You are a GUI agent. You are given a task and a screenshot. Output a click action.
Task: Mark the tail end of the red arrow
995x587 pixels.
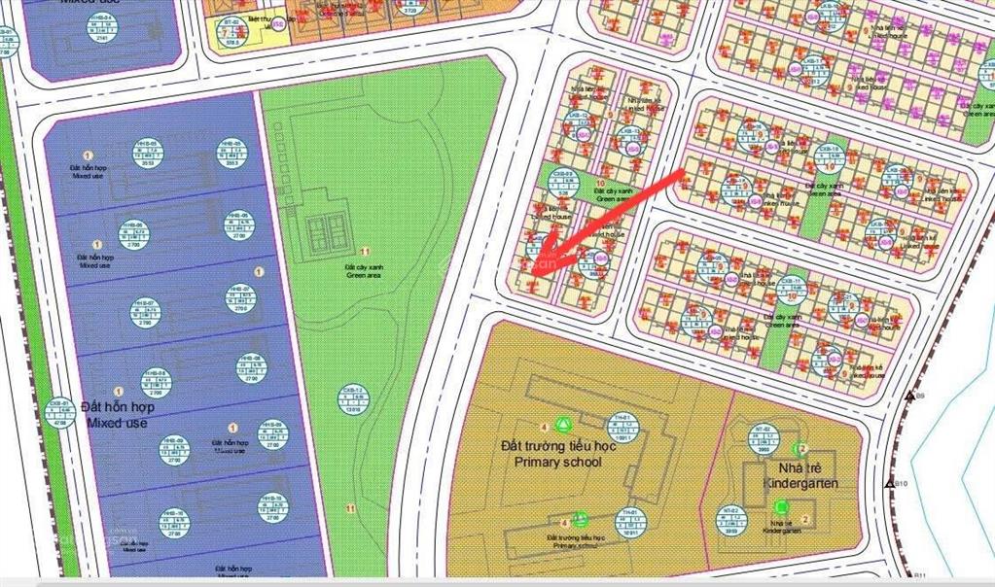pyautogui.click(x=684, y=173)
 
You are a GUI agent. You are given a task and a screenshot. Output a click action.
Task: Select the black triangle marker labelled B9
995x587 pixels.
pyautogui.click(x=909, y=396)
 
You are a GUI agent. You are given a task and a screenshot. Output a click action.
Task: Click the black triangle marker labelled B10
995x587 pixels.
pyautogui.click(x=889, y=483)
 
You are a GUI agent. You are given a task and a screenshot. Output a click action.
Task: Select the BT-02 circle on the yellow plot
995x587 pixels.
pyautogui.click(x=232, y=31)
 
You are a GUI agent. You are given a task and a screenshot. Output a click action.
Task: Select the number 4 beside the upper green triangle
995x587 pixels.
pyautogui.click(x=543, y=426)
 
